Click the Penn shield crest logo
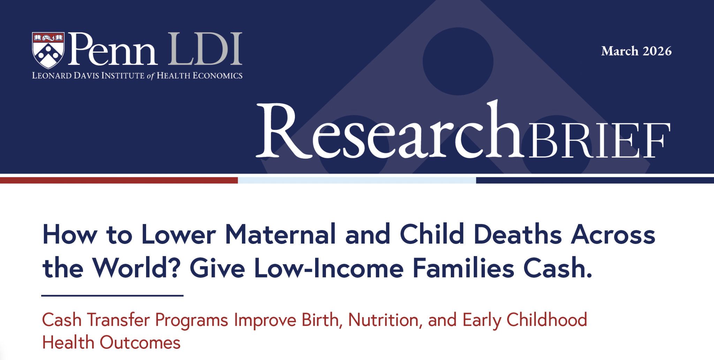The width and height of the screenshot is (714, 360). [48, 50]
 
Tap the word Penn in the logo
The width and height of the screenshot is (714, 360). [112, 49]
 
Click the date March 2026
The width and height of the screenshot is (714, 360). [636, 51]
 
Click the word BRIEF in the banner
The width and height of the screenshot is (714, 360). [600, 140]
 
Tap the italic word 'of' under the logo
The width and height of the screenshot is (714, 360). [150, 76]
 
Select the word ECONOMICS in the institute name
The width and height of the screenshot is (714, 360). [218, 76]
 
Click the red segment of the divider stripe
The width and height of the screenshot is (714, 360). [119, 180]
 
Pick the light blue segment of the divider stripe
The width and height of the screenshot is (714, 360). [357, 180]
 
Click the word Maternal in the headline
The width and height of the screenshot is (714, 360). [281, 234]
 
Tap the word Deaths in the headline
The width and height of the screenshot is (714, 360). [517, 234]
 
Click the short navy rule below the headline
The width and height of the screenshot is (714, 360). [112, 296]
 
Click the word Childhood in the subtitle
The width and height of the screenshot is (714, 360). [547, 320]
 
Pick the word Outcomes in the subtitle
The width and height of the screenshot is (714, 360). [140, 343]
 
